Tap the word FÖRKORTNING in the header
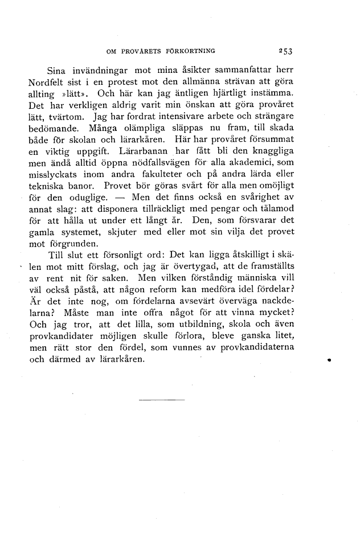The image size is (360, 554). coord(190,51)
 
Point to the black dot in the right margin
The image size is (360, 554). coord(330,360)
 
